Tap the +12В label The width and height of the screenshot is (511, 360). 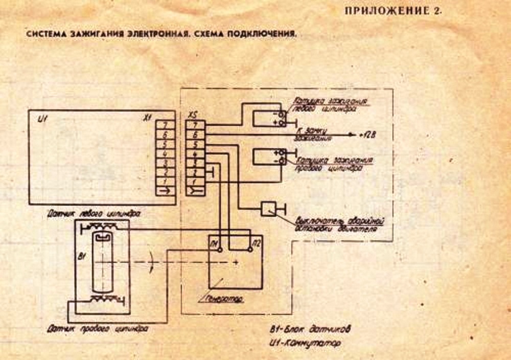click(x=367, y=136)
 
